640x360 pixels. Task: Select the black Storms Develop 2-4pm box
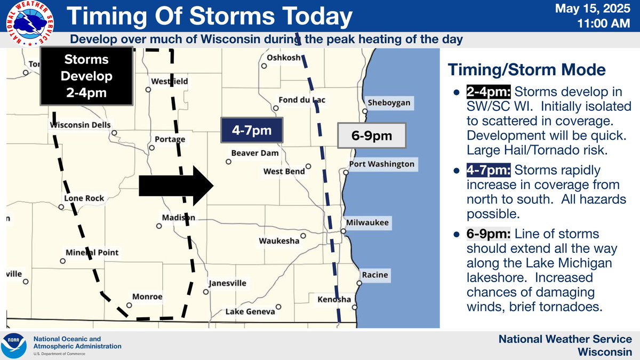[86, 76]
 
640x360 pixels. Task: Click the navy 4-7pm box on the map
[252, 131]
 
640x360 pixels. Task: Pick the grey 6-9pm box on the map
[372, 136]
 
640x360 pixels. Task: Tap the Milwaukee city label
[367, 223]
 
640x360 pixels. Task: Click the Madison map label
[178, 218]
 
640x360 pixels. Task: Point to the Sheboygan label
[389, 103]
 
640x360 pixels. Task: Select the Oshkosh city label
[284, 58]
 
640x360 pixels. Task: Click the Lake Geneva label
[250, 311]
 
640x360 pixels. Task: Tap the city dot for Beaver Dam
[228, 161]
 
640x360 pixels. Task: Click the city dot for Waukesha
[303, 235]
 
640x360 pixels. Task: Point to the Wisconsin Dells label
[81, 125]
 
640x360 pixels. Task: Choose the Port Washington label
[381, 164]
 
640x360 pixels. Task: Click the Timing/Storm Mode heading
[526, 70]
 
